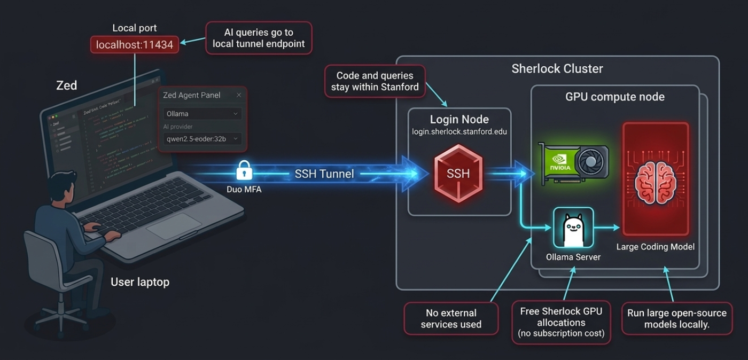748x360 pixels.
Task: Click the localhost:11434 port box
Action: coord(135,45)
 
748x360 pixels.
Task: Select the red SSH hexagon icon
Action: coord(458,174)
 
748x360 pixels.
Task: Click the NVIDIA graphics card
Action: coord(573,162)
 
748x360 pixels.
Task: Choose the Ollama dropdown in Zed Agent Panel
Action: coord(202,114)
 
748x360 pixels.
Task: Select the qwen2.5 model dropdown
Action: coord(202,139)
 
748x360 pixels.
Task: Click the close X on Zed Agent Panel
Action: coord(239,95)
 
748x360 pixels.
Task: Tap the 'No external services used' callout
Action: coord(451,318)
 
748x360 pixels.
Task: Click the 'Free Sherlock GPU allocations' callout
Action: coord(561,323)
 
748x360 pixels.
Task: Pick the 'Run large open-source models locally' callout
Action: coord(676,318)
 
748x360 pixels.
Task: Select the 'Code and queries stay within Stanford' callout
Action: coord(375,81)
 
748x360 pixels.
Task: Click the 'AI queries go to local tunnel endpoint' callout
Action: coord(259,38)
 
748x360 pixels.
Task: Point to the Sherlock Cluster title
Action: coord(557,69)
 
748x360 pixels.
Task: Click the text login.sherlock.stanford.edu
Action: coord(459,131)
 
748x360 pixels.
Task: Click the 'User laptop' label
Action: coord(140,282)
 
